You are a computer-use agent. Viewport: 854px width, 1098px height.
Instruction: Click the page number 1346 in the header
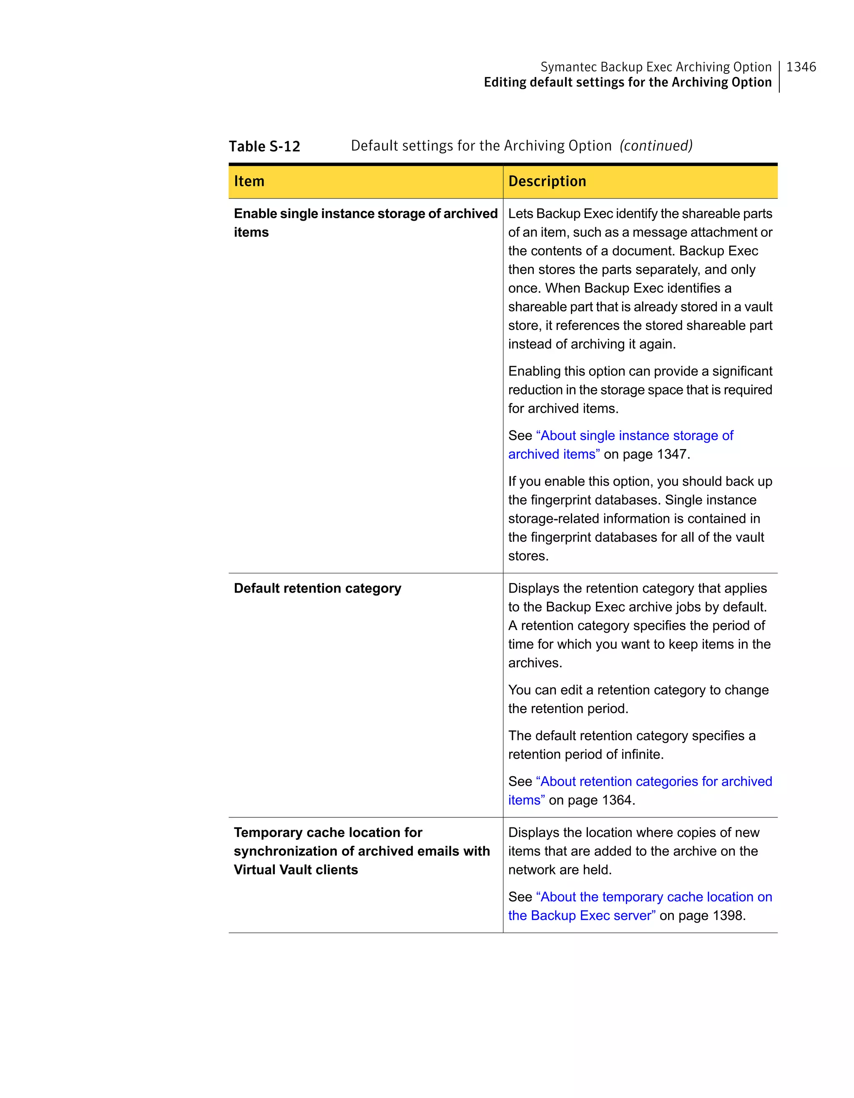(x=801, y=67)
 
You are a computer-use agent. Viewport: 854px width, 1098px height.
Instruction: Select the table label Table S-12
(x=264, y=146)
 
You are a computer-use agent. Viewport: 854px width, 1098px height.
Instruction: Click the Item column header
(x=249, y=181)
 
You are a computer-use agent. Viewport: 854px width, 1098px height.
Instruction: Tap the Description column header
(x=547, y=181)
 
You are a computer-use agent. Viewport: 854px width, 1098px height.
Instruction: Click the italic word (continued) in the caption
(x=656, y=146)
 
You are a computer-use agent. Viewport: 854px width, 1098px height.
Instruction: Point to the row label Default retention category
(x=317, y=588)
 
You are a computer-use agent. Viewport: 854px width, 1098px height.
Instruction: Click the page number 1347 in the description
(x=673, y=455)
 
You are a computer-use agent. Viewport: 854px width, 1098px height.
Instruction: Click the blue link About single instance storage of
(x=634, y=436)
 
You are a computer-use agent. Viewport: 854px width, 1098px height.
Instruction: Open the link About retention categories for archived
(x=653, y=782)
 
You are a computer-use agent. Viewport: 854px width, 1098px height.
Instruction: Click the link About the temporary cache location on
(x=653, y=897)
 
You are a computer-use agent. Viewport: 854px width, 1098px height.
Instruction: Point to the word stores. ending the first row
(x=528, y=556)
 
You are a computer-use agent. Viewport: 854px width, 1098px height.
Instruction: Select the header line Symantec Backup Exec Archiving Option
(x=656, y=67)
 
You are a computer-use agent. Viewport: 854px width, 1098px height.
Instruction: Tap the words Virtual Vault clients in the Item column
(x=296, y=870)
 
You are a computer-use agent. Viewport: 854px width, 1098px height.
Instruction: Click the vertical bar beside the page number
(x=779, y=76)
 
